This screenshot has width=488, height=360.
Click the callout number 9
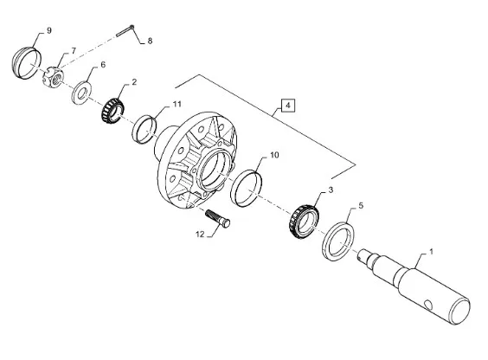click(48, 31)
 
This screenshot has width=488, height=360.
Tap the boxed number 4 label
click(287, 106)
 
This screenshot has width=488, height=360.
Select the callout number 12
click(200, 234)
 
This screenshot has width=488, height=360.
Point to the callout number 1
click(431, 252)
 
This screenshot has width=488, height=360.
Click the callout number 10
click(274, 155)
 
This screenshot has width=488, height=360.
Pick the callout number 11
click(177, 104)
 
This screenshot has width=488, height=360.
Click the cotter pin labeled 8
click(125, 31)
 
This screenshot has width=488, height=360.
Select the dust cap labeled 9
click(27, 63)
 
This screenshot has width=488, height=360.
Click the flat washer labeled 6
click(81, 93)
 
